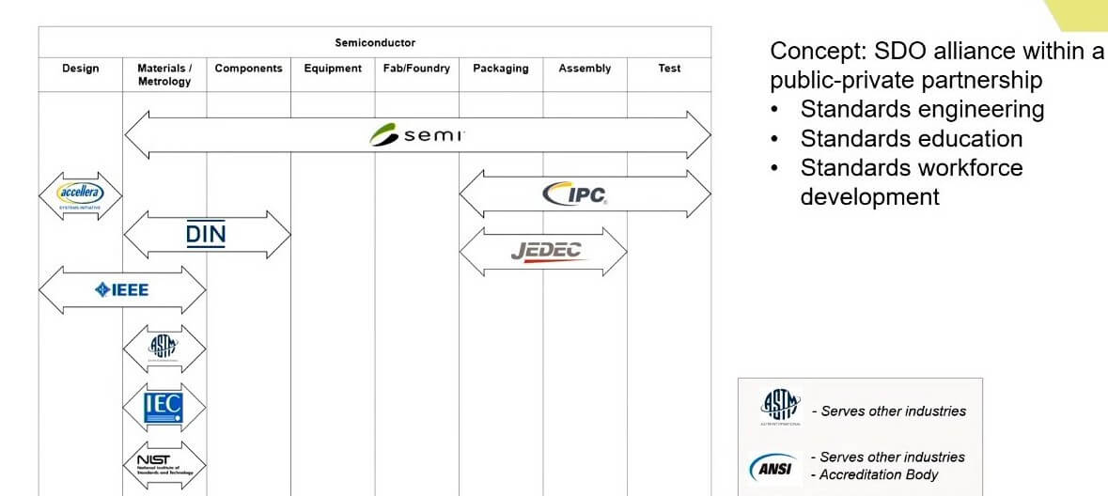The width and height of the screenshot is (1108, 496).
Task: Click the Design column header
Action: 81,69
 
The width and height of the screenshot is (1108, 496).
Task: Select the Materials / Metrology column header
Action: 164,75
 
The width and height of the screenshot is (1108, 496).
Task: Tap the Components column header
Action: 248,69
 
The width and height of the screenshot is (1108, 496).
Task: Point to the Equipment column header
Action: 333,69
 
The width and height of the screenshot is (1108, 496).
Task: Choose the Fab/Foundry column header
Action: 416,69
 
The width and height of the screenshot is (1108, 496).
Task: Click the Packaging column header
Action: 501,69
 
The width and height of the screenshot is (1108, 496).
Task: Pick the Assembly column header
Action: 585,69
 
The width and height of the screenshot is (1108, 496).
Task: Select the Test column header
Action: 669,69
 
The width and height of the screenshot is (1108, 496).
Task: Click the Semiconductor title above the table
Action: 375,43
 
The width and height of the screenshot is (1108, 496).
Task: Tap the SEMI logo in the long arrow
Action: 417,135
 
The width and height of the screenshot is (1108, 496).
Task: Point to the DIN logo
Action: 206,233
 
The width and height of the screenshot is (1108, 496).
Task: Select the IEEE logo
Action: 121,289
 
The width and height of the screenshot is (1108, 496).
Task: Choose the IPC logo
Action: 574,194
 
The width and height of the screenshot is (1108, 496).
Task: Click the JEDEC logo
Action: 546,251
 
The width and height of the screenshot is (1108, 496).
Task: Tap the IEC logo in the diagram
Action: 163,407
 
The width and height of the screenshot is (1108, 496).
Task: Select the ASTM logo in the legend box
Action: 780,408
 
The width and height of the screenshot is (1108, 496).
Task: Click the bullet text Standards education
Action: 911,139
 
